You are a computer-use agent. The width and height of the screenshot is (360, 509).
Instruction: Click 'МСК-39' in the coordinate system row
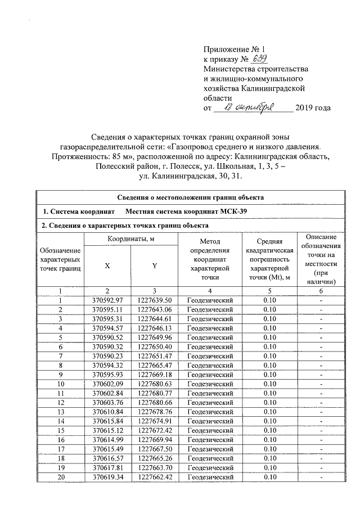pyautogui.click(x=235, y=211)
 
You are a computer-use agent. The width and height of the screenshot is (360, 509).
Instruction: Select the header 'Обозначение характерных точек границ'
pyautogui.click(x=60, y=259)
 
